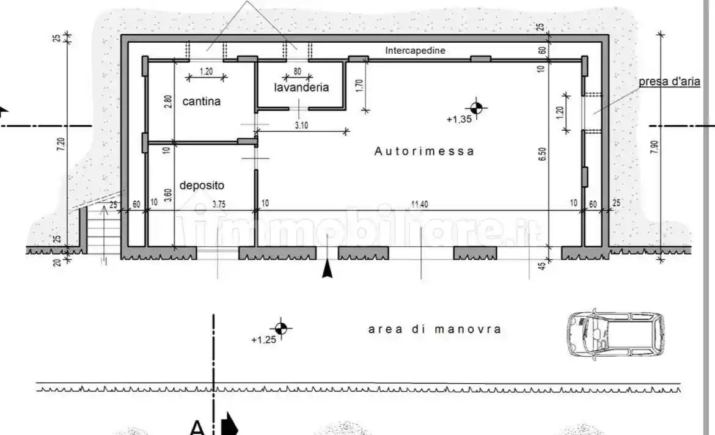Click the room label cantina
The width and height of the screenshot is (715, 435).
pos(201,101)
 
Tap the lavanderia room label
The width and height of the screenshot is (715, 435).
pos(301,87)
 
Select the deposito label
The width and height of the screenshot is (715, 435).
pos(202,185)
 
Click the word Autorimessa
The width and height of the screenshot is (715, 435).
pos(424,151)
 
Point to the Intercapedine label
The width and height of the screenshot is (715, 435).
pos(415,51)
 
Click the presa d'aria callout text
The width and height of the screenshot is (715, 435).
pos(669,82)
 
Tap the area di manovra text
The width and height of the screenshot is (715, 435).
pos(435,329)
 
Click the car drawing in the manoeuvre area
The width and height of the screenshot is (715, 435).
pos(615,334)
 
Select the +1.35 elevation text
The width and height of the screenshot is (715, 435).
pos(459,120)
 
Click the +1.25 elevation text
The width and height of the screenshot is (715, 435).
pos(263,340)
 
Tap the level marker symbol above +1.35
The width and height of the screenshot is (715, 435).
pos(477,108)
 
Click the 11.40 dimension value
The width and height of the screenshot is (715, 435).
pos(419,204)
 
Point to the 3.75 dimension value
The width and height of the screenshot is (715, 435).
pos(218,204)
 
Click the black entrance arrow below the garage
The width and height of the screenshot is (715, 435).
pos(328,268)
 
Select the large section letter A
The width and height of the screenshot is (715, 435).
pos(197,427)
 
